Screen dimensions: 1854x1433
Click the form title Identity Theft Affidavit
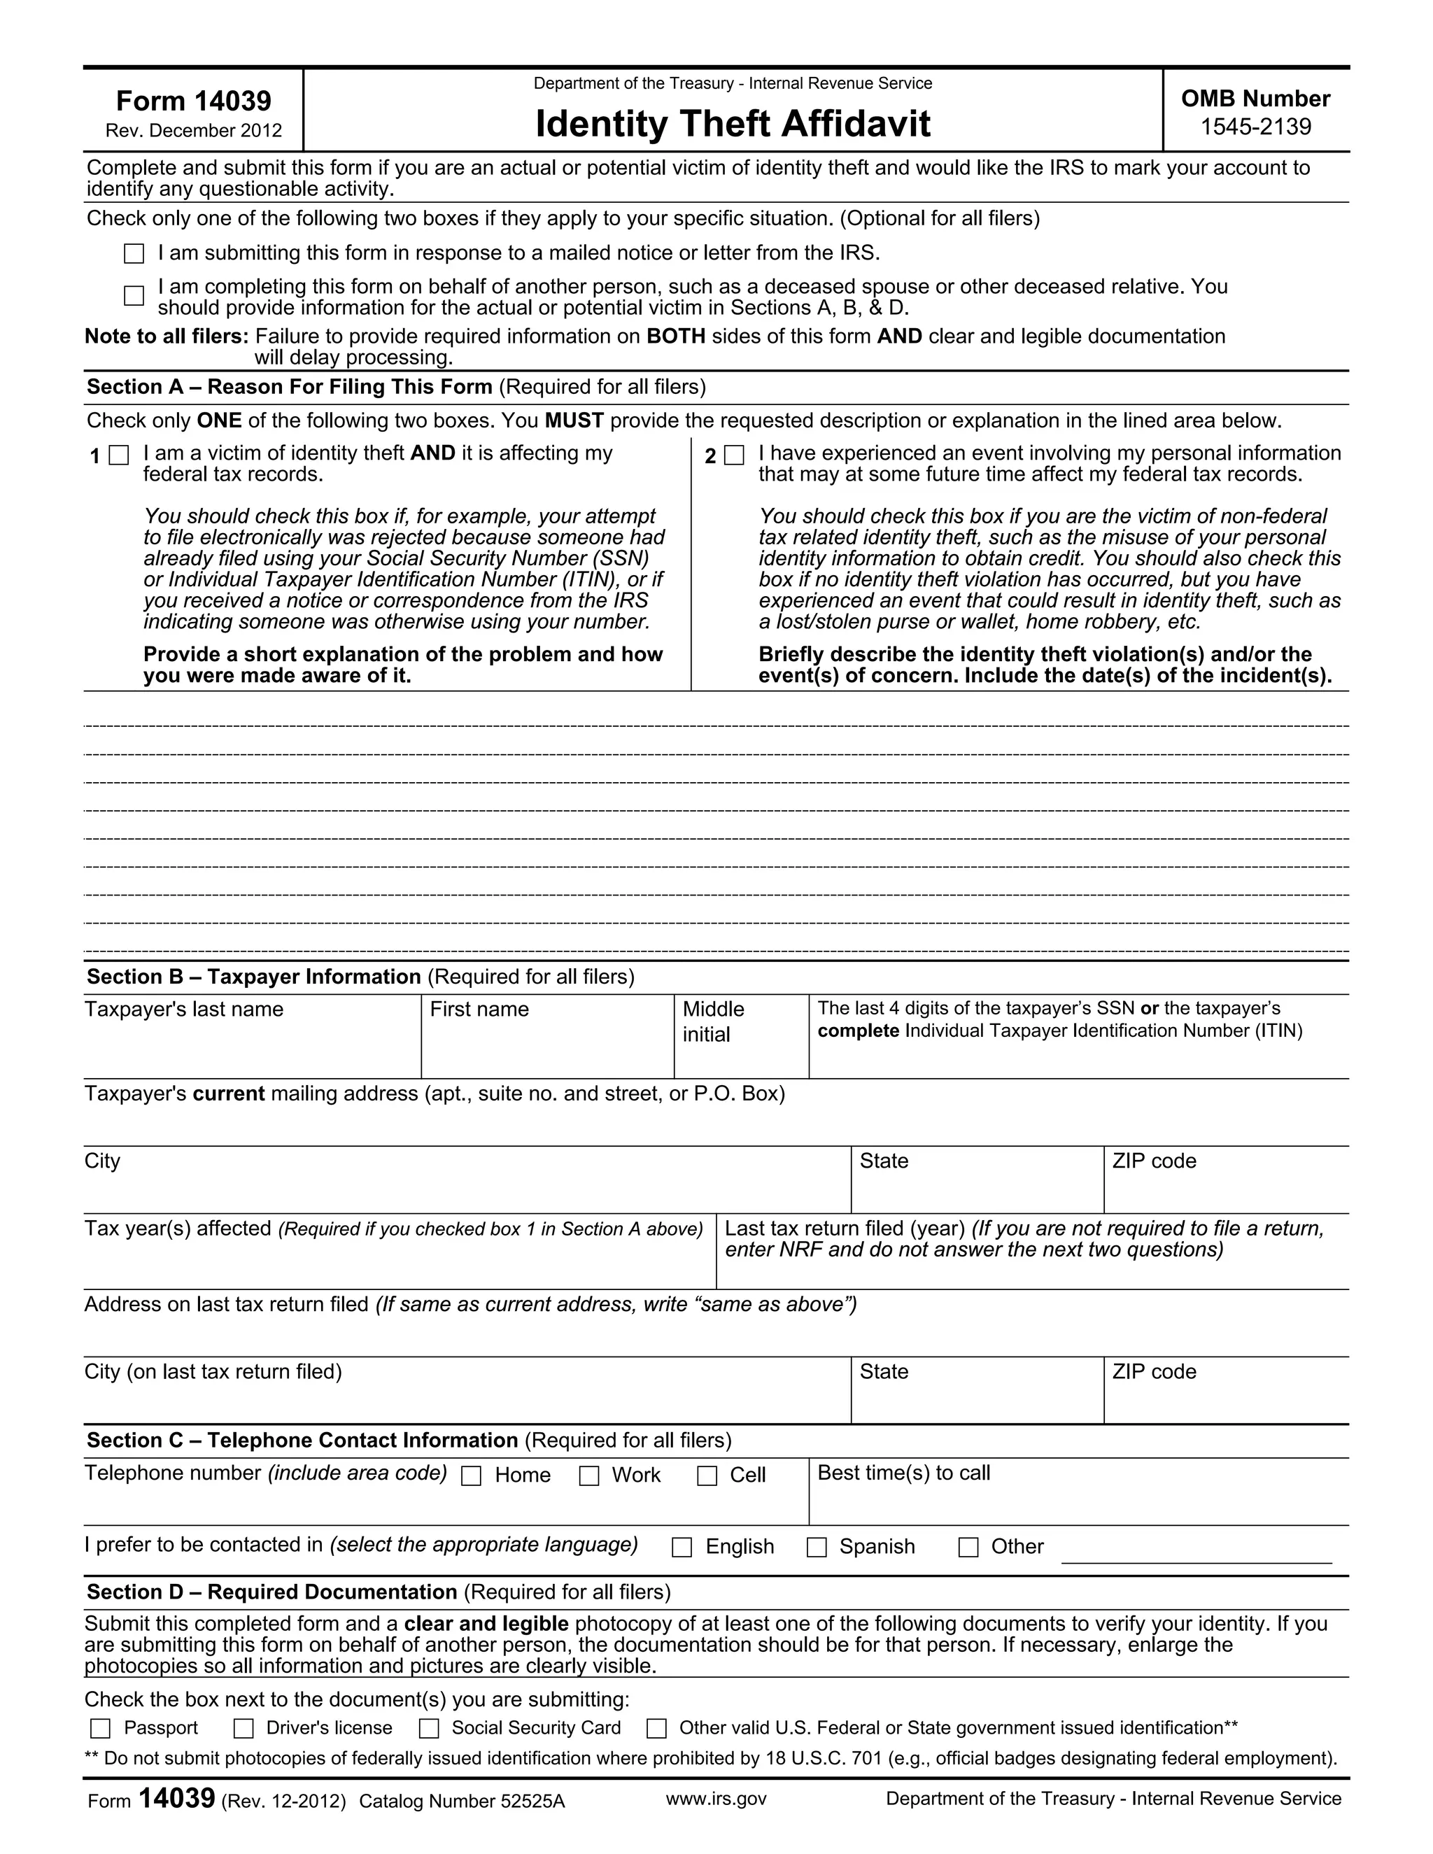(x=732, y=124)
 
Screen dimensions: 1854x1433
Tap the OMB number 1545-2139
(x=1255, y=127)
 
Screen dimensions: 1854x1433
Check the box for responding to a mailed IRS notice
(x=134, y=254)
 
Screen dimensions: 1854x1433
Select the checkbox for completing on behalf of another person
(x=134, y=295)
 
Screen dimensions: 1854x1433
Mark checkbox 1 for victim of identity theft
(x=120, y=456)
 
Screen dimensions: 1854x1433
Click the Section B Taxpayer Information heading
(x=254, y=977)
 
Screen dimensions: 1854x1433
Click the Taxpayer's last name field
(x=251, y=1049)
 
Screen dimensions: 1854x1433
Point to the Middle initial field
(x=740, y=1053)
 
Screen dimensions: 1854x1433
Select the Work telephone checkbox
(x=589, y=1476)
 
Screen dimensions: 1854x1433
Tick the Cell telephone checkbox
(x=707, y=1476)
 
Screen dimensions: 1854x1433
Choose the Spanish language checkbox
(x=817, y=1548)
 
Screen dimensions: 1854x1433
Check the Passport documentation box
(x=100, y=1728)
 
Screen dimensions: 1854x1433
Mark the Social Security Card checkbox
(x=430, y=1728)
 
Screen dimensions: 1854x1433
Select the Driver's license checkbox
(x=243, y=1728)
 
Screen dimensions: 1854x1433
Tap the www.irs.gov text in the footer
(x=716, y=1799)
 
